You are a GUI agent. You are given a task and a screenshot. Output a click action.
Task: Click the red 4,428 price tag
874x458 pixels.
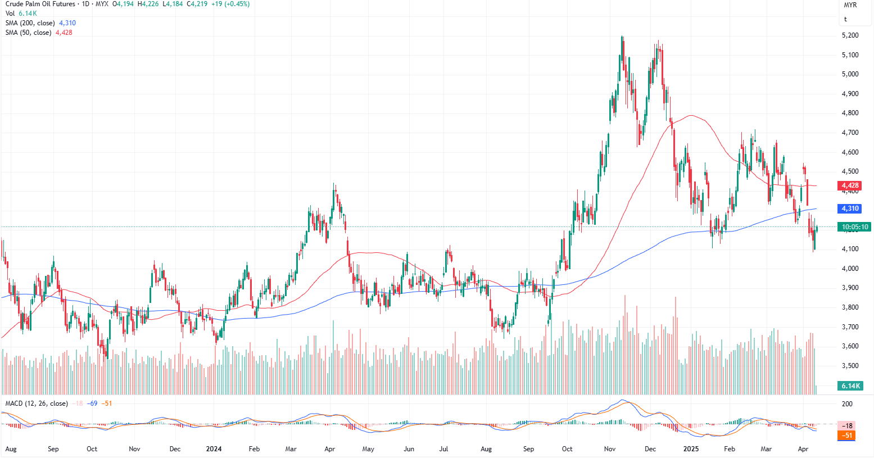[x=850, y=185]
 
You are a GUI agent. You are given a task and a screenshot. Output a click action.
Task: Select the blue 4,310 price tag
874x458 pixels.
[x=850, y=208]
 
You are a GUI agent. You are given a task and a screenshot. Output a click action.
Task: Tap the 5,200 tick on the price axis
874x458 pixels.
[x=850, y=35]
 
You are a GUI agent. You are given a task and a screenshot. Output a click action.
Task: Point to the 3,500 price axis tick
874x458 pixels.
[x=850, y=366]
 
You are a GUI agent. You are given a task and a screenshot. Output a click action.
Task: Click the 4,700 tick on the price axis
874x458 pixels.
[x=850, y=133]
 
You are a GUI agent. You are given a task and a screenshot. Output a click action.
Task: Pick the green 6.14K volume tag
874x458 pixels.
[x=850, y=386]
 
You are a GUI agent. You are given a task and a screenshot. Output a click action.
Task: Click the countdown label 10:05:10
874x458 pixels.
[x=854, y=227]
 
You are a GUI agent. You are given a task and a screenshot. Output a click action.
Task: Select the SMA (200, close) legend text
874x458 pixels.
[x=30, y=23]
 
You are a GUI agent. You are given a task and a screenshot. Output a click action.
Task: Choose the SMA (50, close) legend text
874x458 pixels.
[x=28, y=33]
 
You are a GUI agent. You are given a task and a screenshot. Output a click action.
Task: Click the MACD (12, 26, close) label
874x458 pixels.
[x=37, y=403]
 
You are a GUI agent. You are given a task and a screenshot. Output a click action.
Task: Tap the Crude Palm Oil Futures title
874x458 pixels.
[x=40, y=4]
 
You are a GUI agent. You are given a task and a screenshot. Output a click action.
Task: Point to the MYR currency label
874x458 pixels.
[x=850, y=5]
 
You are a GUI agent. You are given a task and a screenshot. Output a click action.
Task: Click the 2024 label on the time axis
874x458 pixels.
[x=214, y=449]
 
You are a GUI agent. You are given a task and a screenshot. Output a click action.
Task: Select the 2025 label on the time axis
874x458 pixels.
[x=691, y=449]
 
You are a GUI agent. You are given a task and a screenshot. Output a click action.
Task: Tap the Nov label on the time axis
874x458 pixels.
[x=610, y=449]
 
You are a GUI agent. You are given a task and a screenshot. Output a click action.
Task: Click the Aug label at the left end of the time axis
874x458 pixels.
[x=11, y=449]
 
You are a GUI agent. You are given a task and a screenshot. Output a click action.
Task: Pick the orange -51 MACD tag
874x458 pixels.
[x=847, y=436]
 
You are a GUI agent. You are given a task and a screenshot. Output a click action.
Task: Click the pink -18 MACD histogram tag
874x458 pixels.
[x=847, y=426]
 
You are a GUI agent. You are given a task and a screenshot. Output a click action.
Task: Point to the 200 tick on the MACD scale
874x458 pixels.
[x=847, y=404]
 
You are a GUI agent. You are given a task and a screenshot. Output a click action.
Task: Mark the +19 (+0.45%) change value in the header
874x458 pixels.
[x=230, y=4]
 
